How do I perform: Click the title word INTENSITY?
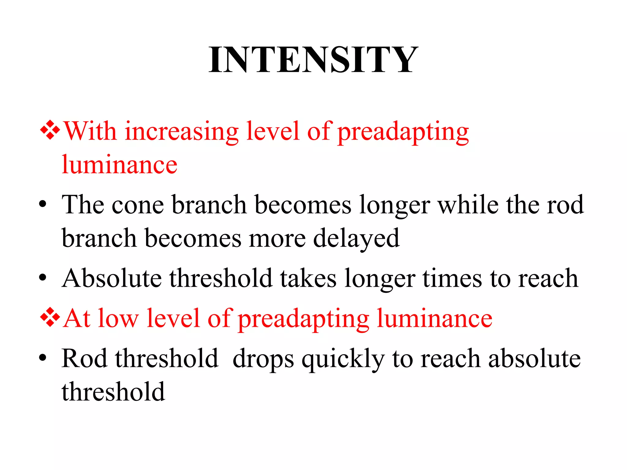pyautogui.click(x=313, y=60)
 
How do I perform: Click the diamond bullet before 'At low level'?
pyautogui.click(x=50, y=317)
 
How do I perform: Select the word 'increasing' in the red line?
pyautogui.click(x=181, y=132)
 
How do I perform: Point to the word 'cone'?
pyautogui.click(x=137, y=205)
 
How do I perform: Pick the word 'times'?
pyautogui.click(x=452, y=278)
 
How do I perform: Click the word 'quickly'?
pyautogui.click(x=343, y=359)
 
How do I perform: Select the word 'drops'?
pyautogui.click(x=263, y=359)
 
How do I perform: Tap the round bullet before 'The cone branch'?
pyautogui.click(x=43, y=204)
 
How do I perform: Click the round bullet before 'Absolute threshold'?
pyautogui.click(x=43, y=278)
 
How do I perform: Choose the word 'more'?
pyautogui.click(x=277, y=239)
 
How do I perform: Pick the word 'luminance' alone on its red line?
pyautogui.click(x=119, y=165)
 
